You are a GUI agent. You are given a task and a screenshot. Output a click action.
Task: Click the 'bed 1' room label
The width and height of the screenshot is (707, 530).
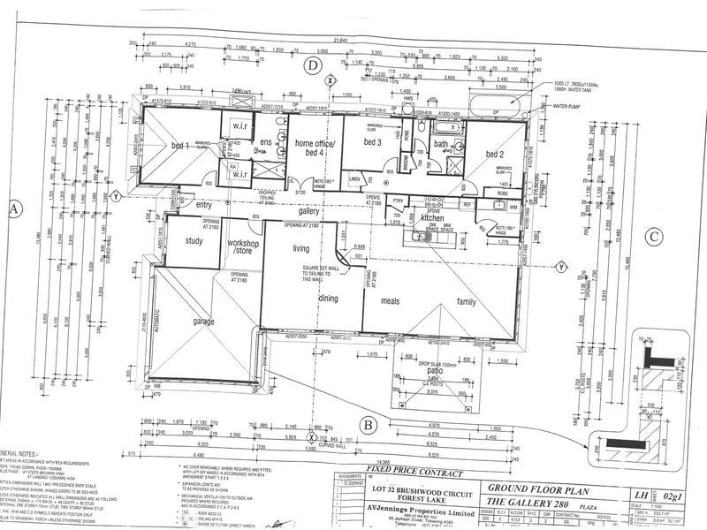click(x=175, y=143)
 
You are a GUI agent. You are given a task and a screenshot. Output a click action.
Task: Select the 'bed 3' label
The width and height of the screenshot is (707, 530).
click(x=372, y=142)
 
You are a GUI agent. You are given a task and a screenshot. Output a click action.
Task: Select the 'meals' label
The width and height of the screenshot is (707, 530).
click(x=390, y=301)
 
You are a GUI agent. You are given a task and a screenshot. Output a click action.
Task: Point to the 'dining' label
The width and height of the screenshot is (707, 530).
click(x=328, y=299)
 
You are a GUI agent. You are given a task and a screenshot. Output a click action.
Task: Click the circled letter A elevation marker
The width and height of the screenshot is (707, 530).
click(x=13, y=209)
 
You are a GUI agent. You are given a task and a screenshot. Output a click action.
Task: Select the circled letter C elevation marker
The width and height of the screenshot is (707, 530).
click(x=651, y=236)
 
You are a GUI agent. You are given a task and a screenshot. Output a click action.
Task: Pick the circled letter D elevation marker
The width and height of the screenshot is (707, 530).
click(x=311, y=64)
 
